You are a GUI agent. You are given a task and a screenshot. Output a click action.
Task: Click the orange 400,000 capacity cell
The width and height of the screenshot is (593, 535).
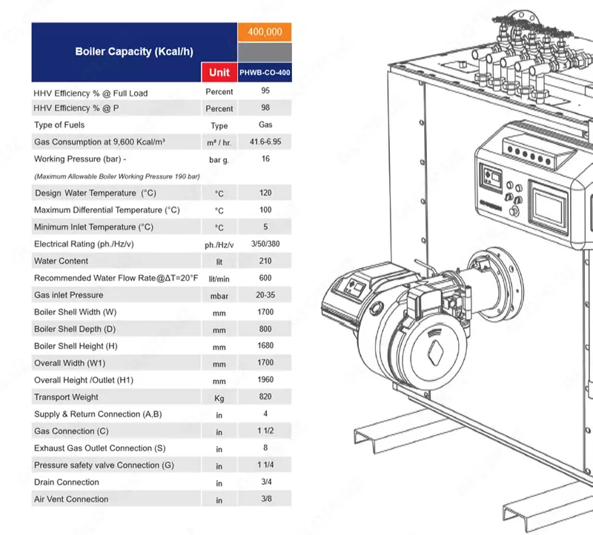click(x=265, y=32)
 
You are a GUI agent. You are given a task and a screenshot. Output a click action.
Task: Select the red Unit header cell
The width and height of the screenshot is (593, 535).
click(x=219, y=72)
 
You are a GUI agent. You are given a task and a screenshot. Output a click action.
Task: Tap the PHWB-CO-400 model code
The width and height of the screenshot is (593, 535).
click(x=265, y=73)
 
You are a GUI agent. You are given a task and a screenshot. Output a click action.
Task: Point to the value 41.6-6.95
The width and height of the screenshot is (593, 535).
click(x=265, y=141)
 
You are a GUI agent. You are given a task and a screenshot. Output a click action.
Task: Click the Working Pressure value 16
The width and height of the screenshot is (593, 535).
click(x=265, y=159)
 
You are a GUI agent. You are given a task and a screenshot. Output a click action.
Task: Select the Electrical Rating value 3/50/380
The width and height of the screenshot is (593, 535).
click(x=265, y=244)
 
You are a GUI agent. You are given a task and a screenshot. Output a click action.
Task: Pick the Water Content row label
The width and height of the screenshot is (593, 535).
click(x=61, y=261)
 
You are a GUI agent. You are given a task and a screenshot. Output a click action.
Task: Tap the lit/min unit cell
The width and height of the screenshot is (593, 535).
click(x=219, y=279)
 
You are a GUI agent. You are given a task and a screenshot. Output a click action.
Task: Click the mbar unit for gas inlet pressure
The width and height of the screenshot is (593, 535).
click(x=219, y=296)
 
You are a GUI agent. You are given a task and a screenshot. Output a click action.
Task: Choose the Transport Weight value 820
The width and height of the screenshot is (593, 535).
click(x=265, y=396)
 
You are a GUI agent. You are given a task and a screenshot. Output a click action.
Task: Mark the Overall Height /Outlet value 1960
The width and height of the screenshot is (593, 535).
click(x=265, y=380)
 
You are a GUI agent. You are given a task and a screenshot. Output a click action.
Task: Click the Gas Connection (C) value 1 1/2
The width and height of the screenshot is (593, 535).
click(x=265, y=431)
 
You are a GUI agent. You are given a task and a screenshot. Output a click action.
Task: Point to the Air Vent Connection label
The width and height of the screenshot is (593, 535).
click(x=71, y=499)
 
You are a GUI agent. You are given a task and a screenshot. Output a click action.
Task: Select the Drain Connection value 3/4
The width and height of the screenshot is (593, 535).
click(x=265, y=482)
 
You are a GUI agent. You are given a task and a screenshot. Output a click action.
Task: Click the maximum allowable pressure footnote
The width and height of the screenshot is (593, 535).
click(x=117, y=176)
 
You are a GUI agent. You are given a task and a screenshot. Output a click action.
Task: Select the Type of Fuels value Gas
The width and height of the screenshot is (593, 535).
click(x=265, y=124)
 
